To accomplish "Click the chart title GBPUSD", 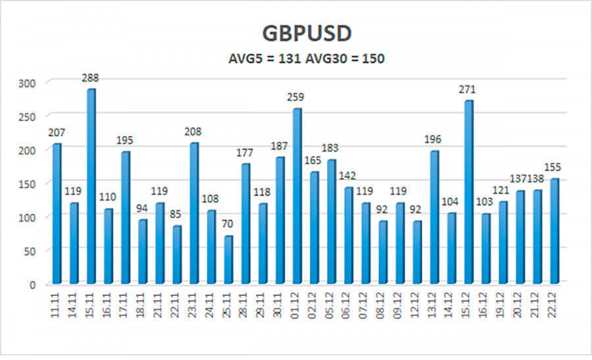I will point(296,33).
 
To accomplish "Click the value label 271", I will point(468,90).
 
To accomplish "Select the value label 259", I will point(297,97).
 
